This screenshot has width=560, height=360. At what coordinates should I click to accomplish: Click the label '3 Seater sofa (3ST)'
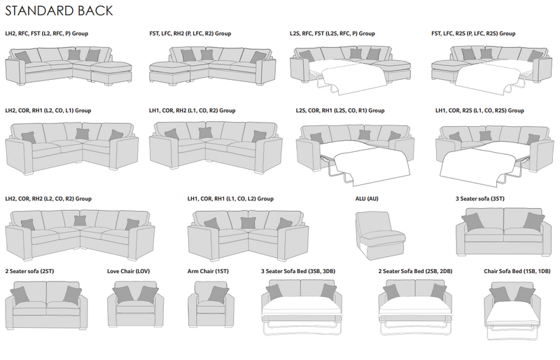pyautogui.click(x=480, y=199)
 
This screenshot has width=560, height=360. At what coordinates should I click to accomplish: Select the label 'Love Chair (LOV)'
pyautogui.click(x=129, y=270)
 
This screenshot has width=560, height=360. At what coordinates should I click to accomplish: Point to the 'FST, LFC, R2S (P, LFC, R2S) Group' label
pyautogui.click(x=474, y=34)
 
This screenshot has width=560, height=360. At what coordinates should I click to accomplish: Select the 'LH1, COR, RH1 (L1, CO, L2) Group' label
pyautogui.click(x=230, y=199)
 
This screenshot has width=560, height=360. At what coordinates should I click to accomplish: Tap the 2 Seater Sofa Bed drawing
pyautogui.click(x=414, y=305)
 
